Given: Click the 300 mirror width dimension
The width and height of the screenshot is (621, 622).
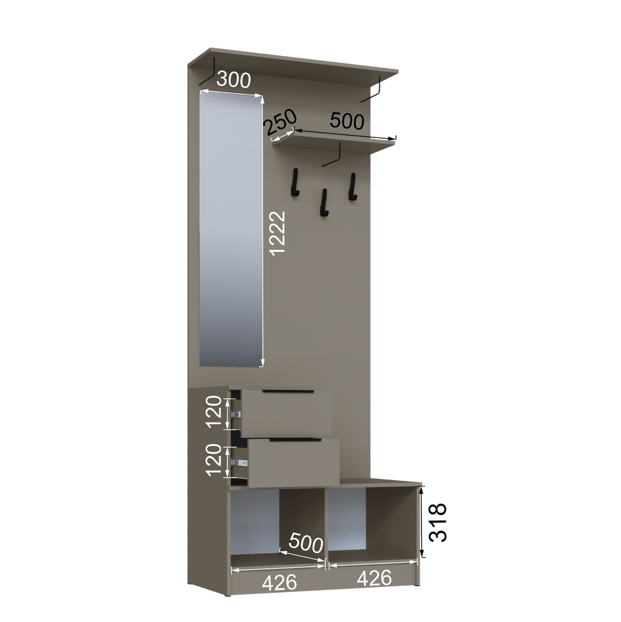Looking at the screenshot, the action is point(234,80).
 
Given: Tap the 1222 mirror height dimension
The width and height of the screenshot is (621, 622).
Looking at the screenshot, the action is point(277,233).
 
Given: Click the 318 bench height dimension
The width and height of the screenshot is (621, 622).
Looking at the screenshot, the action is point(438,522).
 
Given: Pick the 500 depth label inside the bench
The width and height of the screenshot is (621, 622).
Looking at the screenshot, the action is point(306,542).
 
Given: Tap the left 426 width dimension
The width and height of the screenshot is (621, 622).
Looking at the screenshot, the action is point(280,582).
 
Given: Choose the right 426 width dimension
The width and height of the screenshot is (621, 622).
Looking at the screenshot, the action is point(374,578).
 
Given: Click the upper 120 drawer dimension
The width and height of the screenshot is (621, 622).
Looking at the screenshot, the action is point(214,411).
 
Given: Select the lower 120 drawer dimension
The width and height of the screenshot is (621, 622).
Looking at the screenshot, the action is point(214,460).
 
